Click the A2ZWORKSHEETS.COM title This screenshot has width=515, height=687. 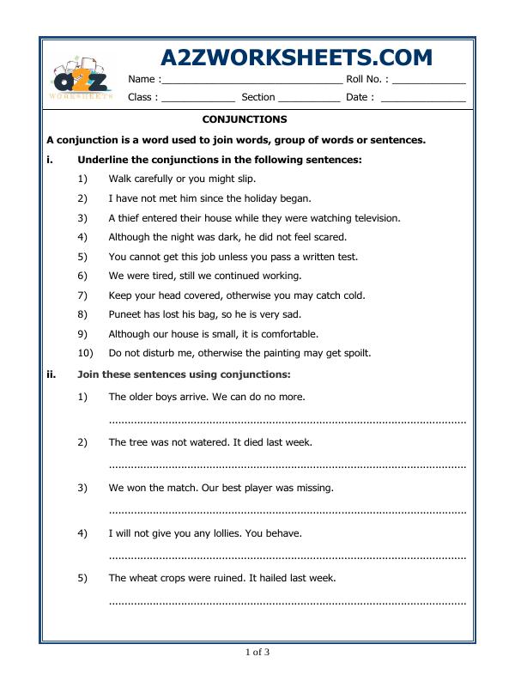[x=296, y=58]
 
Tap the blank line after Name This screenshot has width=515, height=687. [x=251, y=81]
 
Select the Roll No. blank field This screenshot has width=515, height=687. [x=428, y=81]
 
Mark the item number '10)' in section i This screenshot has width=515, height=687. [x=85, y=353]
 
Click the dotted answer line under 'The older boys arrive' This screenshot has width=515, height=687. [x=288, y=421]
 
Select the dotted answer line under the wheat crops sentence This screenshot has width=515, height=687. [x=288, y=602]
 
